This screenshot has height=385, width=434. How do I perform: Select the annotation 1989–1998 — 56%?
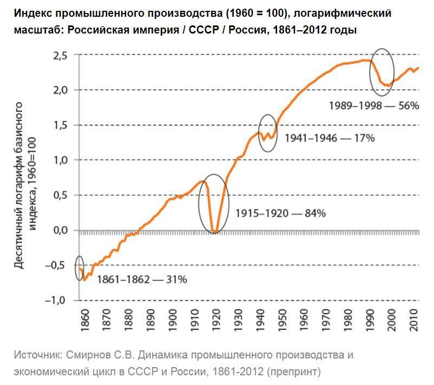(374, 105)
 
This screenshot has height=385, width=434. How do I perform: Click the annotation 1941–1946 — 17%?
(329, 137)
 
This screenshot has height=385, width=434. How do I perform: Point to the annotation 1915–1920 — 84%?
(280, 213)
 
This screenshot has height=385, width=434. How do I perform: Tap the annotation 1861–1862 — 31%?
(142, 280)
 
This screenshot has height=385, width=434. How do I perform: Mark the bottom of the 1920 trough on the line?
(215, 232)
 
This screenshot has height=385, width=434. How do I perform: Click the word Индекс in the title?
(31, 13)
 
